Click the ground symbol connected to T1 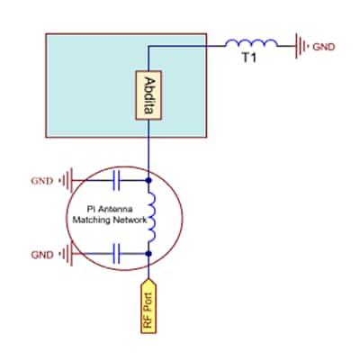click(301, 43)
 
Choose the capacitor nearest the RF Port click(118, 255)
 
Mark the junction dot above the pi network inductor click(148, 181)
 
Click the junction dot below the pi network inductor click(148, 255)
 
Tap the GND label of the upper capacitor click(42, 181)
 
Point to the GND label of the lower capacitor click(42, 255)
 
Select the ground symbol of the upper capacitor click(66, 181)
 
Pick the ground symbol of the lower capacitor click(66, 255)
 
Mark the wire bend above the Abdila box click(148, 45)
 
